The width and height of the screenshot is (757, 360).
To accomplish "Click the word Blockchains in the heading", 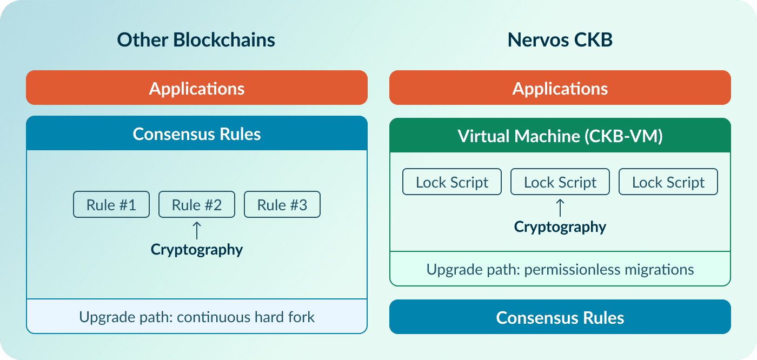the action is click(x=224, y=40).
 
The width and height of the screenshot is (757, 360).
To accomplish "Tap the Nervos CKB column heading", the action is click(x=560, y=40).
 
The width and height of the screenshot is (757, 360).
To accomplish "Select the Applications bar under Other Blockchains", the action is click(x=197, y=88).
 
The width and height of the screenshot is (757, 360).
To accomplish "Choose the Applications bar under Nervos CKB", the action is click(x=560, y=88).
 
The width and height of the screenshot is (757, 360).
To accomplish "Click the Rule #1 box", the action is click(x=111, y=204).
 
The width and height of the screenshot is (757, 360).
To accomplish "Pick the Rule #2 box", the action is click(x=197, y=204).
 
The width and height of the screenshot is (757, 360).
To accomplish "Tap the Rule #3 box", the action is click(x=282, y=204).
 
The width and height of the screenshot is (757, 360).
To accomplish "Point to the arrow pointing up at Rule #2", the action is click(x=197, y=231).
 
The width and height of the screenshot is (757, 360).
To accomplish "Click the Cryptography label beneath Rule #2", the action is click(x=197, y=250).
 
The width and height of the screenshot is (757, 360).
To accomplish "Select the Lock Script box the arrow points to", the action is click(x=560, y=182).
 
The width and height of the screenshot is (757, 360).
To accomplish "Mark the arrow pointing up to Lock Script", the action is click(x=560, y=208).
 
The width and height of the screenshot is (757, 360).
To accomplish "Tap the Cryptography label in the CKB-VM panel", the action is click(x=560, y=227).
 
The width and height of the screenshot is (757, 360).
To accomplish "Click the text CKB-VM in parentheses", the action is click(x=623, y=136).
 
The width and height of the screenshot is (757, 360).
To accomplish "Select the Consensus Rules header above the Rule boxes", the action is click(x=197, y=134).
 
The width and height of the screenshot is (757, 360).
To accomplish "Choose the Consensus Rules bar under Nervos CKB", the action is click(x=560, y=317).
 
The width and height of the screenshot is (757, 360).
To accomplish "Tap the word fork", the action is click(x=301, y=317).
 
